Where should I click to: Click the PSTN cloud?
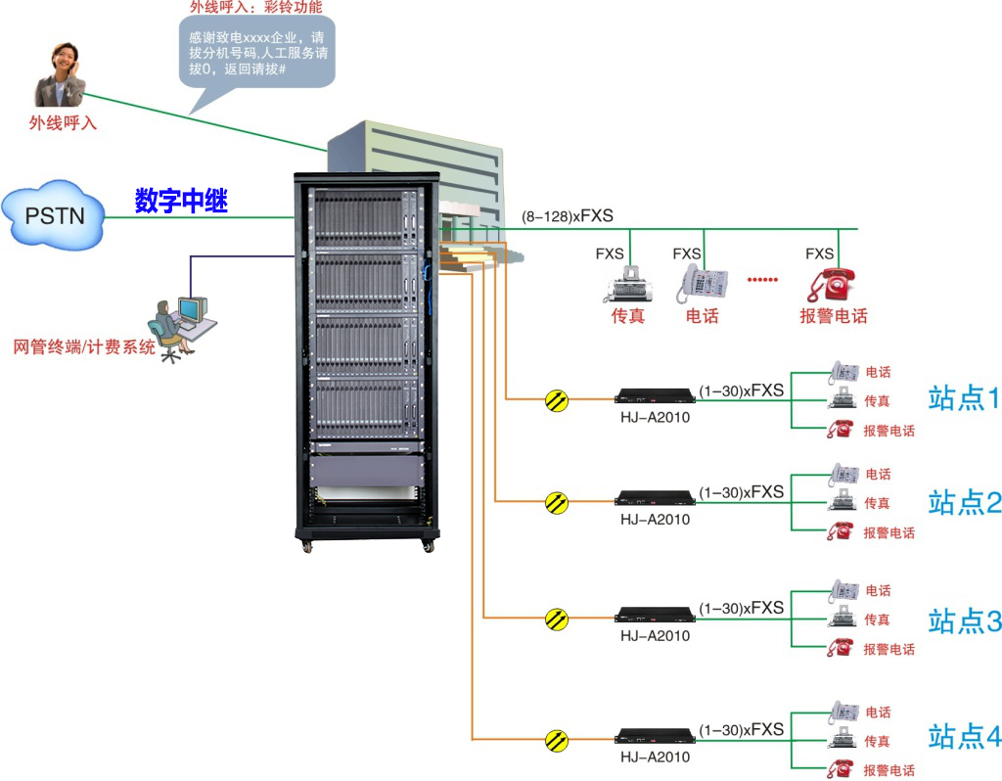point(55,212)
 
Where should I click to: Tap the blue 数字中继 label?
point(181,202)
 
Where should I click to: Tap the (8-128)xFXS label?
point(568,216)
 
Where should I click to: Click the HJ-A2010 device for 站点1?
point(655,396)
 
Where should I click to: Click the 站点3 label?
point(965,620)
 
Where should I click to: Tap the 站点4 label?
point(965,736)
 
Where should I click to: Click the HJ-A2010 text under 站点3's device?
point(655,636)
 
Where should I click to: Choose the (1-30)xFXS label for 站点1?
point(741,390)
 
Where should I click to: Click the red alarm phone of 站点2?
point(839,531)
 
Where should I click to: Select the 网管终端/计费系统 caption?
point(84,346)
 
